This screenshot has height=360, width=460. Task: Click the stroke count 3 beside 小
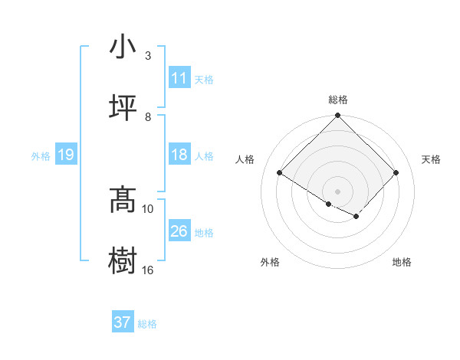click(x=148, y=56)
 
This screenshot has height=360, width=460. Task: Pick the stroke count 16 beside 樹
click(x=148, y=269)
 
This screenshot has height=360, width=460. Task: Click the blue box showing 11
click(x=179, y=78)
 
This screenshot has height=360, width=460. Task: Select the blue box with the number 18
click(x=179, y=155)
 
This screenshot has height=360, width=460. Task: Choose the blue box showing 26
click(x=179, y=231)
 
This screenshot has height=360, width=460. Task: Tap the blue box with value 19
click(x=65, y=155)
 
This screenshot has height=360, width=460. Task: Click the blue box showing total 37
click(x=122, y=322)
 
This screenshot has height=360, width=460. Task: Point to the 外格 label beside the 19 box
click(x=41, y=155)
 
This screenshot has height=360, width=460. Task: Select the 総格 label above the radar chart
click(x=338, y=100)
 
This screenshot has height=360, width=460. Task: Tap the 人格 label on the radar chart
click(x=245, y=159)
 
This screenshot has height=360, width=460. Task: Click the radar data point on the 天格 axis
click(x=396, y=172)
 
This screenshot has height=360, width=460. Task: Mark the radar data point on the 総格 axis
click(x=338, y=116)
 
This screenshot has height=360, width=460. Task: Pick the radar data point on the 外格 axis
click(x=329, y=204)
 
